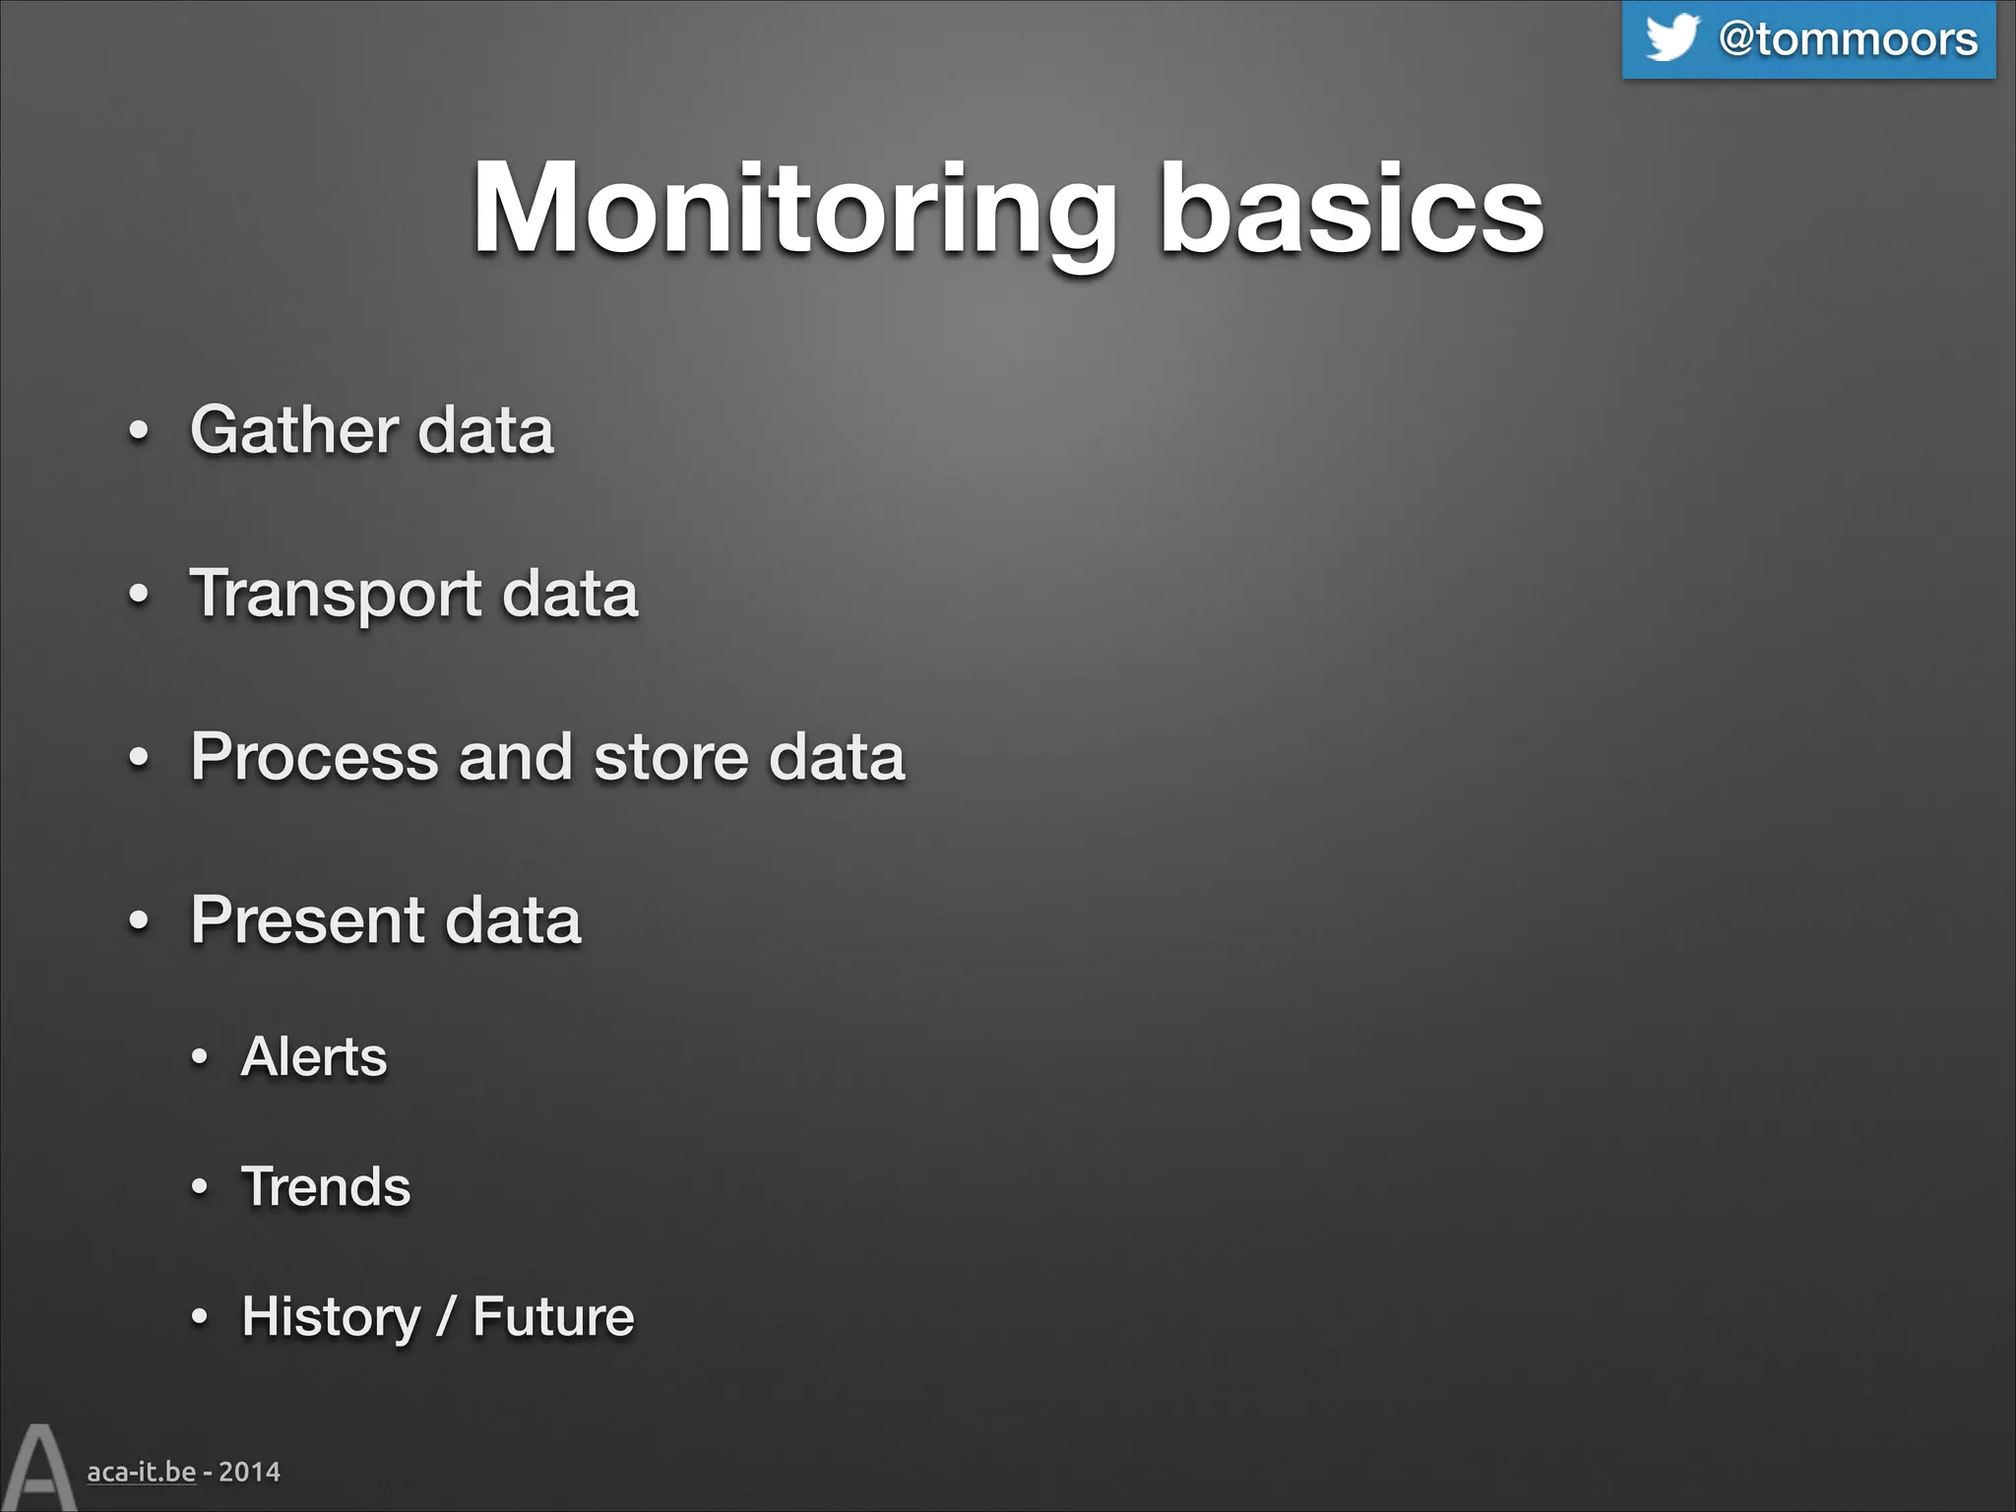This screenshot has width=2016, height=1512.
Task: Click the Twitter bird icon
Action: click(x=1671, y=38)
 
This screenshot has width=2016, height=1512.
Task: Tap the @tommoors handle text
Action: click(x=1848, y=39)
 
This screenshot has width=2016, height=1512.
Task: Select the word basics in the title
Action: click(x=1351, y=210)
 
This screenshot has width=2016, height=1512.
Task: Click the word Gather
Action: click(x=293, y=430)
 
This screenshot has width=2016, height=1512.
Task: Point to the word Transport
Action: click(x=335, y=595)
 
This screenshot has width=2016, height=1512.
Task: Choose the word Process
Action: click(x=313, y=757)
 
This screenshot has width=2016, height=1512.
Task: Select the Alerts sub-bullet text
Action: click(x=314, y=1057)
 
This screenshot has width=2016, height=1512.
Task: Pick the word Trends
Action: click(x=326, y=1186)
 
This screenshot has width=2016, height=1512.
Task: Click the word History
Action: click(x=331, y=1317)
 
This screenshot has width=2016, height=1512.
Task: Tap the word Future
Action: click(x=553, y=1317)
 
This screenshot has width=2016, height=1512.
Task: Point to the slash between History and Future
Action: click(x=446, y=1317)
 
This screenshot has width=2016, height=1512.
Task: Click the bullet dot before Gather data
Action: click(x=140, y=432)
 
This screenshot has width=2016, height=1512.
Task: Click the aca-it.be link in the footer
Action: click(x=141, y=1472)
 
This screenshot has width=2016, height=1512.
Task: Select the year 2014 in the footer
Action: click(x=249, y=1472)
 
